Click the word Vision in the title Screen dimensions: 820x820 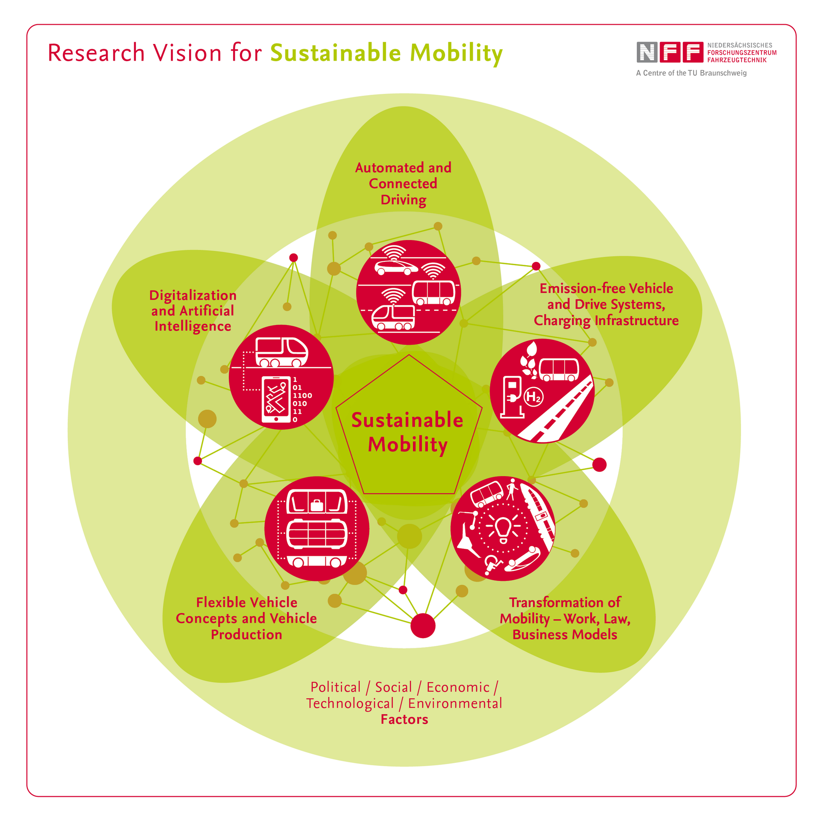pos(187,53)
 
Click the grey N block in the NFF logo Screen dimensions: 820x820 pos(647,52)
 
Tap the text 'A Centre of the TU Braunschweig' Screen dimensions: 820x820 pos(691,73)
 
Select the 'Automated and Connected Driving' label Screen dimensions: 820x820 pos(403,184)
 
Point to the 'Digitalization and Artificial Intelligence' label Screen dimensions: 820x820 pos(193,310)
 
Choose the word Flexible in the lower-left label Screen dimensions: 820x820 pos(220,602)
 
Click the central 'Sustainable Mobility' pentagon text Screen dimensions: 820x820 pos(407,432)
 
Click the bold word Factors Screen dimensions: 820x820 pos(404,719)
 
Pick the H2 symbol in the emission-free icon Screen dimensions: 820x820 pos(533,397)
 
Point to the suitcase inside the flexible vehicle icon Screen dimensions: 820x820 pos(317,505)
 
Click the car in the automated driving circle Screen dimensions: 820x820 pos(396,267)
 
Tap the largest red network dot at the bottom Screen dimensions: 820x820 pos(423,626)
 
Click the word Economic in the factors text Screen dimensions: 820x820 pos(458,687)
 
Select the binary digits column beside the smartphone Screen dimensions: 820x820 pos(302,400)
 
